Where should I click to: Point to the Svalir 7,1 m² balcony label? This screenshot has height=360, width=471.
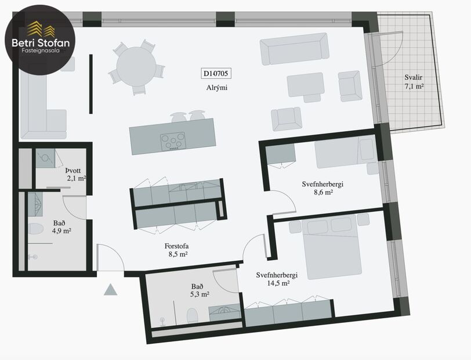point(414,82)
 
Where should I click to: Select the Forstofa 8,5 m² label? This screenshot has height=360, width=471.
point(175,250)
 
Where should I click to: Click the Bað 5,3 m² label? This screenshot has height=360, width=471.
point(200,290)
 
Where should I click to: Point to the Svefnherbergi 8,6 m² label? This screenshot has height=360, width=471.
point(323,188)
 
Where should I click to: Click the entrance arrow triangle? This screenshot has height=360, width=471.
point(110,289)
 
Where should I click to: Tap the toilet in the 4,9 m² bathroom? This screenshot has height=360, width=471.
point(36,230)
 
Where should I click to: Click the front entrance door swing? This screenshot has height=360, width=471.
point(108,258)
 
